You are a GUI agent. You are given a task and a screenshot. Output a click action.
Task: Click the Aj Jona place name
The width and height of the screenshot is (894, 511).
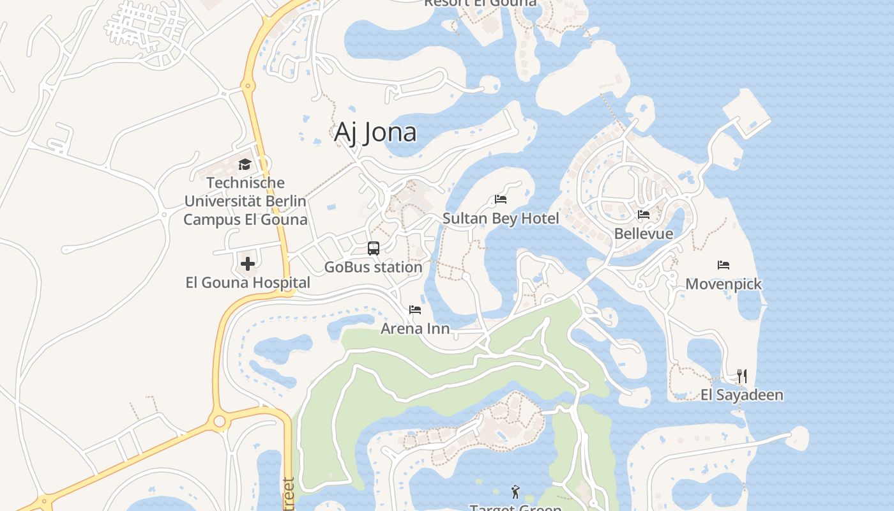point(375,132)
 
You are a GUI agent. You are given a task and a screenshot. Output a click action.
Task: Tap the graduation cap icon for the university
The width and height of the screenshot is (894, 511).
point(245,165)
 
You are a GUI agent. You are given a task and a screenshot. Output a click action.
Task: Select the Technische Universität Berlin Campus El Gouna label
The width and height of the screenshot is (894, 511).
point(245,201)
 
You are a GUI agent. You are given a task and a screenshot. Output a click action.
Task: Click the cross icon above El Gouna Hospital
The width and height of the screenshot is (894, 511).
point(248,263)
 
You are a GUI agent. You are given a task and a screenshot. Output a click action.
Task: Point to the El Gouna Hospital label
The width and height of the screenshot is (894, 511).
point(248,282)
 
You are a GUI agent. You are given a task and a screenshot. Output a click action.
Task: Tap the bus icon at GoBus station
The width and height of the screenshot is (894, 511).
point(374,248)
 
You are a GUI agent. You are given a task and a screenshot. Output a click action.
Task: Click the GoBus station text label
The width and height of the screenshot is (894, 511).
point(374,267)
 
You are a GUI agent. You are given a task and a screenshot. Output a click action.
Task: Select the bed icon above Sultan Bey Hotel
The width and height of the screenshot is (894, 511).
point(501,199)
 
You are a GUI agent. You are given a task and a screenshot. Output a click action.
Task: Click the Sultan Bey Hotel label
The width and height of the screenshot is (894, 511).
point(501,218)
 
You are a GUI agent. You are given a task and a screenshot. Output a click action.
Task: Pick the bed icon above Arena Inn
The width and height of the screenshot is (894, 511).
point(415,310)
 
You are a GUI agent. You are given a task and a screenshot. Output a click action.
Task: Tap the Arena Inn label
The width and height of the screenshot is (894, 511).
point(415,328)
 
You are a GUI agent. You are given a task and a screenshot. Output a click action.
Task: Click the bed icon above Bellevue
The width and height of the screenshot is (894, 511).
point(644,215)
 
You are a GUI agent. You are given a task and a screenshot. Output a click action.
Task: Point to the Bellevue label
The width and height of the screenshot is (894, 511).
point(644,233)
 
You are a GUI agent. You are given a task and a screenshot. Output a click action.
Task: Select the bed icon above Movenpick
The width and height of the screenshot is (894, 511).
point(724,265)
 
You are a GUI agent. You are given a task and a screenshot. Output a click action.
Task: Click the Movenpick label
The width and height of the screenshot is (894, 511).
point(724,284)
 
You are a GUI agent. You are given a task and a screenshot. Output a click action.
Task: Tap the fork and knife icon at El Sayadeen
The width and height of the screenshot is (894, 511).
point(742,376)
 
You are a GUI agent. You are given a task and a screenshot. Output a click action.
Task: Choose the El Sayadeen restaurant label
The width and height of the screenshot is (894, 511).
point(742,395)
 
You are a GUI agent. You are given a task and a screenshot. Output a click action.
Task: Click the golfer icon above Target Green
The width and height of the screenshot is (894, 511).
point(515,492)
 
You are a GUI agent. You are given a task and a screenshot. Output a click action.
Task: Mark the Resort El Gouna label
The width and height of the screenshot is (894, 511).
point(480,3)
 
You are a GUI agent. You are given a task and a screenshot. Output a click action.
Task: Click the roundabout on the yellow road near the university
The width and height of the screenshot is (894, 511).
point(248,85)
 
